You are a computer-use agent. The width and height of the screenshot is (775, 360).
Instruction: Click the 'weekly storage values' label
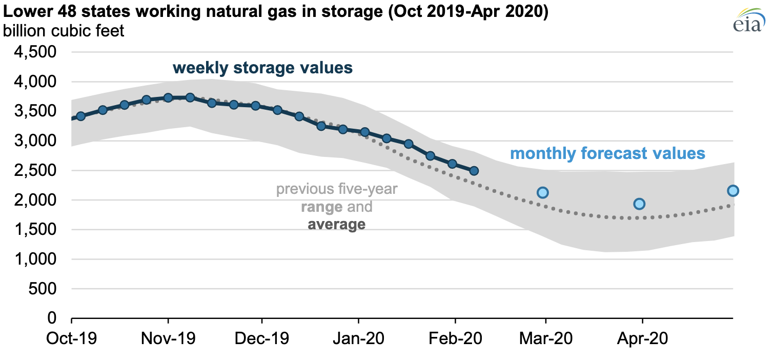pos(262,68)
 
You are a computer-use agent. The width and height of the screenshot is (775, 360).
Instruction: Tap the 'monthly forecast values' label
pos(607,153)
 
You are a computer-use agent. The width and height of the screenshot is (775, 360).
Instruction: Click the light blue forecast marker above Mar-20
pos(543,193)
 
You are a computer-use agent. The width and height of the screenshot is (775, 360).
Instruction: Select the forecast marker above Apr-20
pos(639,204)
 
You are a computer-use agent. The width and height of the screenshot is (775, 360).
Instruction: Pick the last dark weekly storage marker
pos(474,171)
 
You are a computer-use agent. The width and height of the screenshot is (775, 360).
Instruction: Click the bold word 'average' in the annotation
pos(336,224)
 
